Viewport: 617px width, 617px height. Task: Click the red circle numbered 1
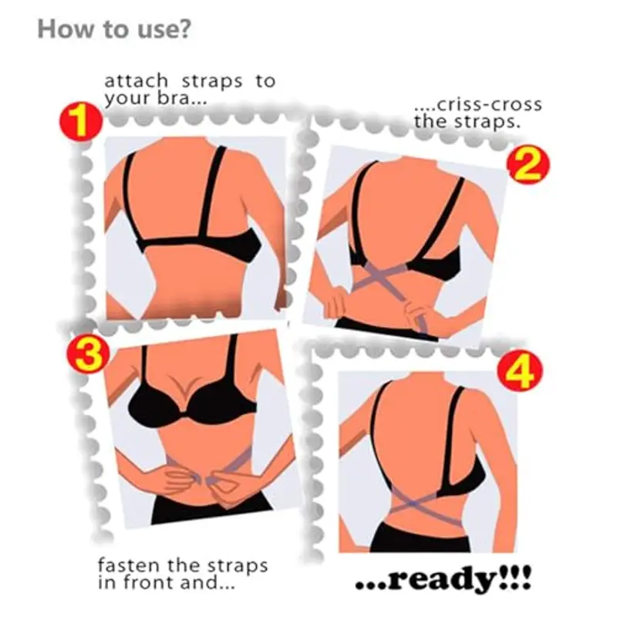pos(78,123)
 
